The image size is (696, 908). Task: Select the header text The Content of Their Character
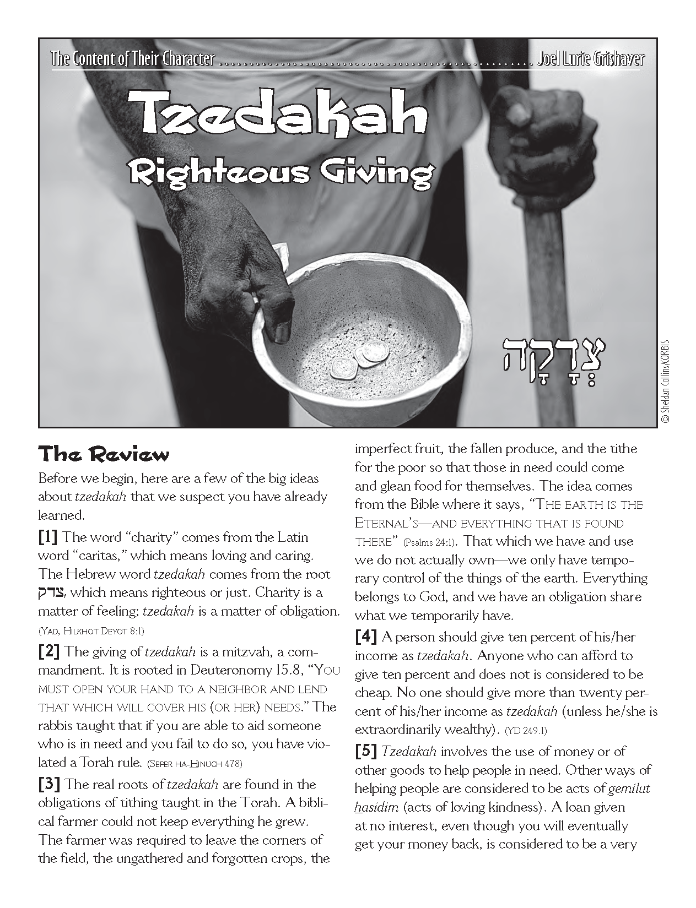coord(132,59)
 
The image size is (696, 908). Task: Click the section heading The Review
coord(103,455)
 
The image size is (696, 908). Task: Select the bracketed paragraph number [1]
coord(49,537)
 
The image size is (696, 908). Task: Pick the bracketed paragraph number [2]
coord(49,652)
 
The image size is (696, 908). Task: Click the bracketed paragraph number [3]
coord(49,784)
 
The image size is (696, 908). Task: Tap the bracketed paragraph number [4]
coord(366,637)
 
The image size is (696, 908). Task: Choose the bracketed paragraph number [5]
coord(366,752)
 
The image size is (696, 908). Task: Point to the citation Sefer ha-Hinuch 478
coord(195,764)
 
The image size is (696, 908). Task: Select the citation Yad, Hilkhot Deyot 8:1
coord(91,630)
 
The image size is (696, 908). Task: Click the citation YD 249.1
coord(526,731)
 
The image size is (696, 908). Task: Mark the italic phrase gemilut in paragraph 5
coord(629,789)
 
